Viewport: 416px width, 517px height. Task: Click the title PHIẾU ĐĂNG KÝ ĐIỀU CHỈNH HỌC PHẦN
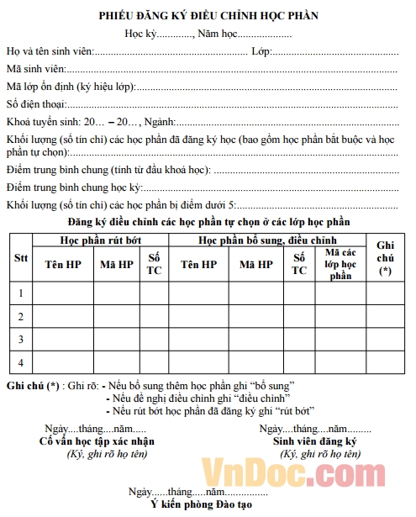[208, 15]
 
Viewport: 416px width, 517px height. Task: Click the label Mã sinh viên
[35, 69]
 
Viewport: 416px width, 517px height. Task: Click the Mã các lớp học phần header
[340, 264]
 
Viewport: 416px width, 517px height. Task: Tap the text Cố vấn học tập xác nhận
[97, 441]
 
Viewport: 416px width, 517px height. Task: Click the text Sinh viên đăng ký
[315, 441]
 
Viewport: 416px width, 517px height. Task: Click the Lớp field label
[261, 51]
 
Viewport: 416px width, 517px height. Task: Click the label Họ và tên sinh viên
[50, 51]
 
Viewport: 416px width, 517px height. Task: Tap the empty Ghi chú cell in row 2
[385, 315]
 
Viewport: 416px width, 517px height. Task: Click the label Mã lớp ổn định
[42, 87]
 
